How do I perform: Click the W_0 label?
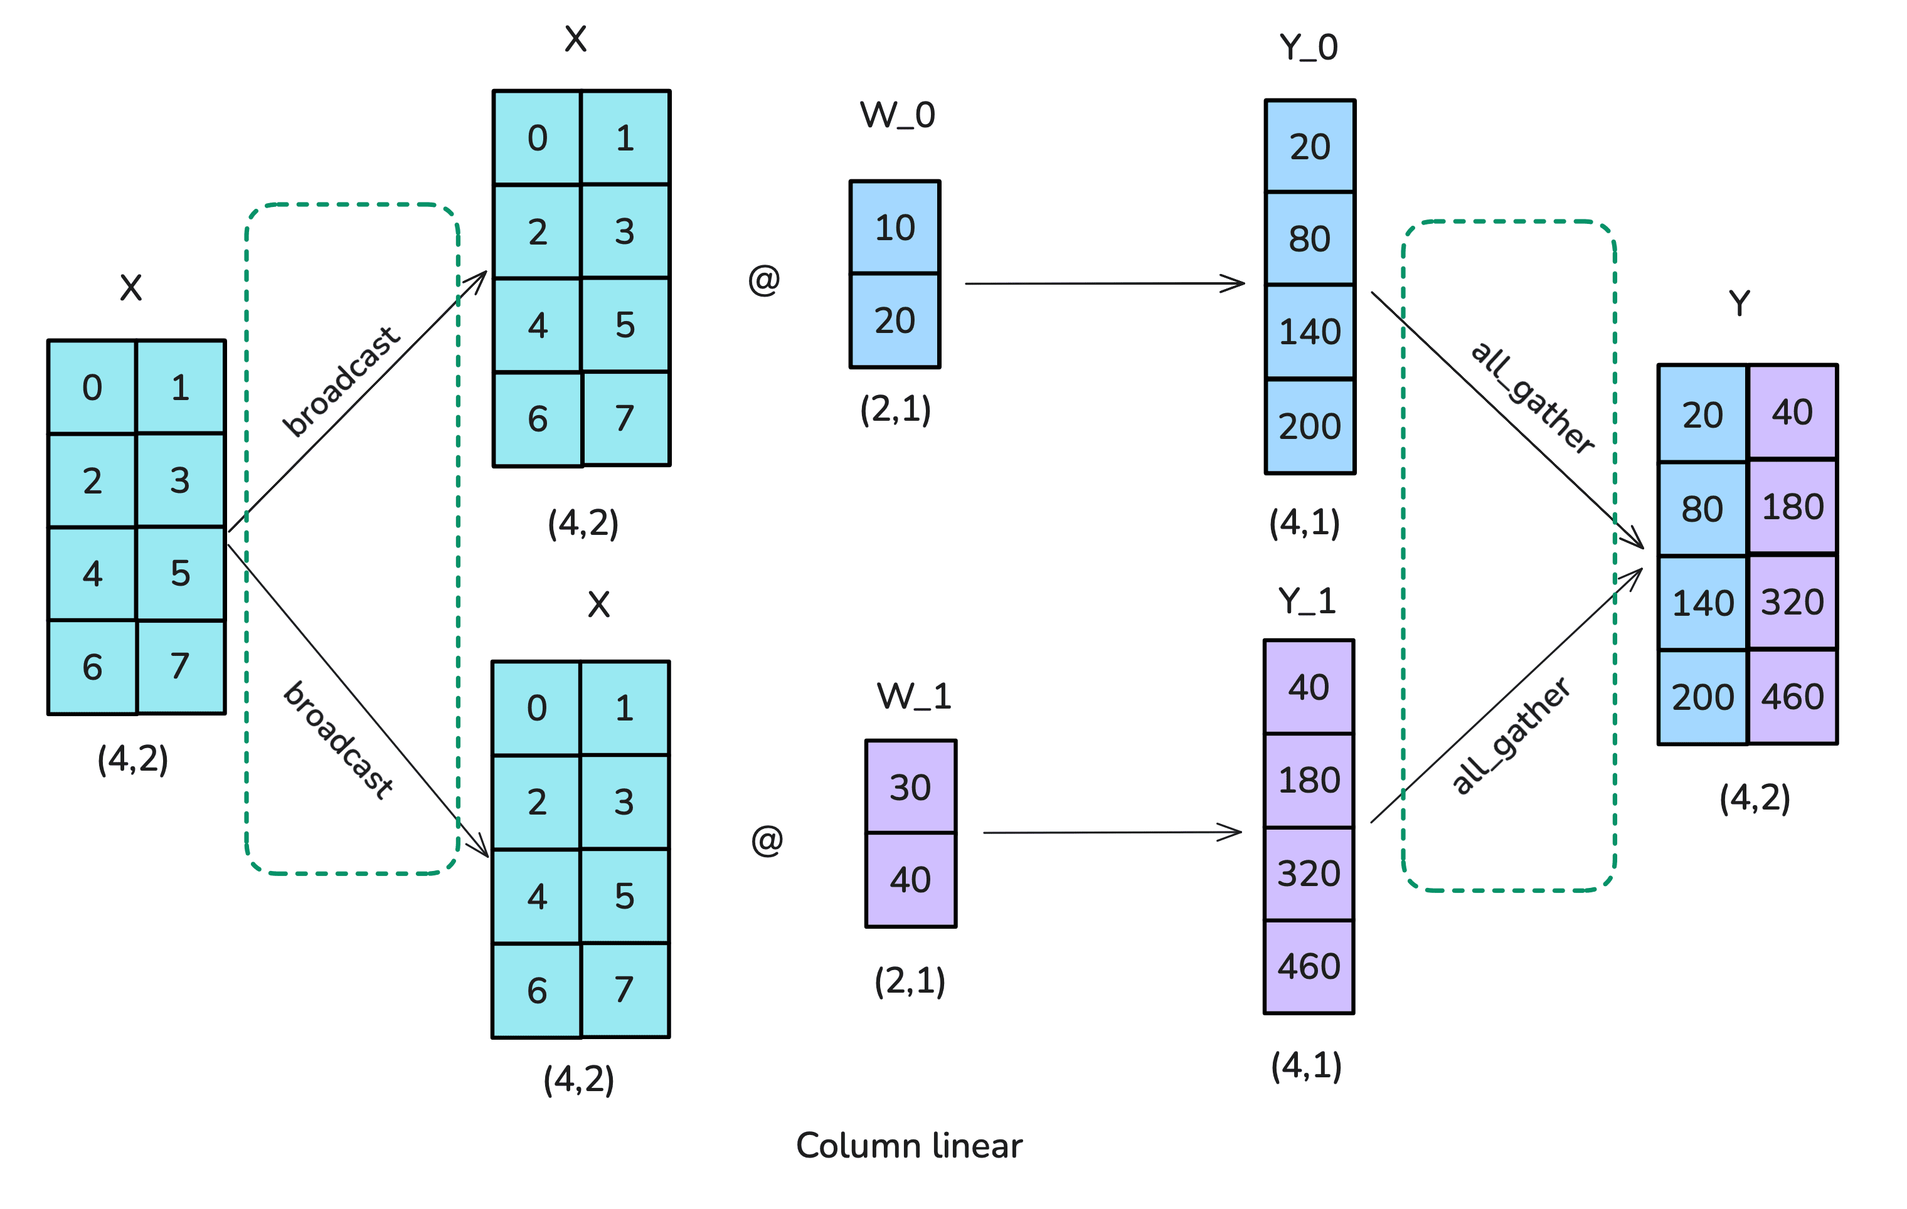(897, 115)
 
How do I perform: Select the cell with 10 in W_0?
(895, 228)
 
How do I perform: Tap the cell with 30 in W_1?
(910, 787)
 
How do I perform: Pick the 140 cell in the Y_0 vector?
(1310, 332)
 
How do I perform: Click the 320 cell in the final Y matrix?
(1792, 603)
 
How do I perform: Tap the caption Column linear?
(909, 1146)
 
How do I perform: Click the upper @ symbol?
(764, 280)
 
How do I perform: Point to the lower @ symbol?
(767, 840)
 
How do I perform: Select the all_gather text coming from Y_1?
(1511, 736)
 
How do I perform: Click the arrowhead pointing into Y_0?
(1235, 283)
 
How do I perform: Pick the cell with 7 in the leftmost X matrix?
(181, 667)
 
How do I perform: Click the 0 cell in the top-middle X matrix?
(538, 139)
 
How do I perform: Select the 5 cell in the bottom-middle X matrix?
(625, 896)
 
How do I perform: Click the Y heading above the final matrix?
(1739, 304)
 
